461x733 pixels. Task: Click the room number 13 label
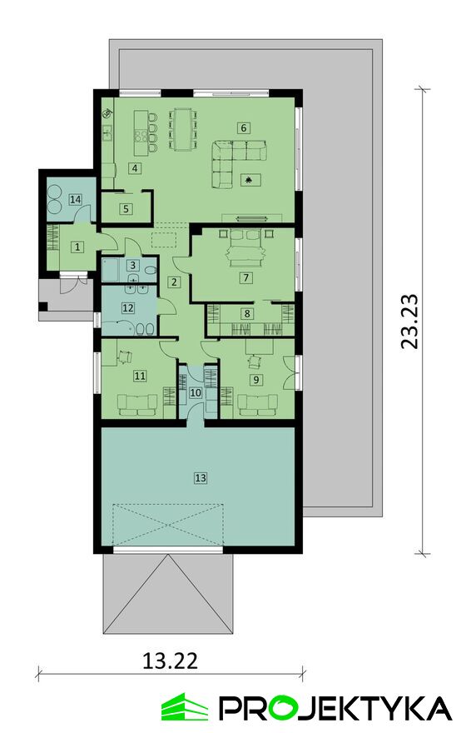(x=201, y=478)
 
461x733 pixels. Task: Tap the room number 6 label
(x=243, y=127)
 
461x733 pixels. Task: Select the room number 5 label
(x=126, y=208)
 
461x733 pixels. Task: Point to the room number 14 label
(x=75, y=200)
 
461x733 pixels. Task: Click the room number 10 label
(x=196, y=392)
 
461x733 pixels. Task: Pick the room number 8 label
(x=247, y=314)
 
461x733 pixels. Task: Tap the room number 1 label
(x=78, y=247)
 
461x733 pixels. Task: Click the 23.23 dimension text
(x=409, y=321)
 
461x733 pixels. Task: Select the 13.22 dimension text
(x=170, y=661)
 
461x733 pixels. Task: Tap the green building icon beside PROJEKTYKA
(x=185, y=706)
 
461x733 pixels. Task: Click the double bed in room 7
(x=245, y=248)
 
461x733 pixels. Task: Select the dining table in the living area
(x=182, y=129)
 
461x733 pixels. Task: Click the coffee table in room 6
(x=250, y=180)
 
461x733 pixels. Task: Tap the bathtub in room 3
(x=112, y=270)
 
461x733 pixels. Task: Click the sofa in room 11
(x=137, y=404)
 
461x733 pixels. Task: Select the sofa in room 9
(x=257, y=404)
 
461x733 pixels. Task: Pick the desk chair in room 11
(x=124, y=357)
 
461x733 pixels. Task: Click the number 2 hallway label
(x=175, y=282)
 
